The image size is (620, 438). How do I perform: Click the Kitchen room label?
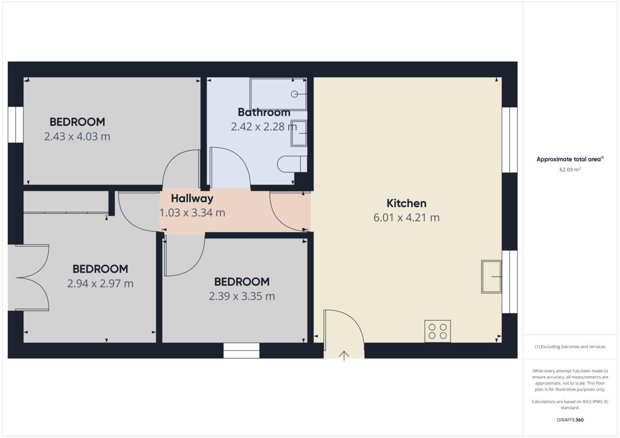click(406, 203)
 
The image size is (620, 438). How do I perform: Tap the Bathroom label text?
click(263, 112)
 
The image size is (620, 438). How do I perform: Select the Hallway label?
click(192, 198)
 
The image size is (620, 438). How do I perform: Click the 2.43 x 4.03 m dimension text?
click(77, 137)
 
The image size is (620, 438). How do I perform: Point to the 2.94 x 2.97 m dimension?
click(100, 283)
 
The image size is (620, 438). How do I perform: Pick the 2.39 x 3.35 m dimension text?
click(242, 296)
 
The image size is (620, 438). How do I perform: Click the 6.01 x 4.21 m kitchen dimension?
click(406, 218)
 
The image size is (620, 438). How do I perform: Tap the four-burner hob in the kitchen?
click(438, 331)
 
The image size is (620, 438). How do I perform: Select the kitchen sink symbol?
click(491, 277)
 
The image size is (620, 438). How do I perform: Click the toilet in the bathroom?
click(291, 164)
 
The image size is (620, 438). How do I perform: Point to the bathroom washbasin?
click(299, 134)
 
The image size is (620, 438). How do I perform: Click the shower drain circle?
click(295, 94)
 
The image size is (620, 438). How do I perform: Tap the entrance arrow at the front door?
click(344, 355)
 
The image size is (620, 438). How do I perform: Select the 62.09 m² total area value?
click(570, 169)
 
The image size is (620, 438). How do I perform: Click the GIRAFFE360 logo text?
click(570, 420)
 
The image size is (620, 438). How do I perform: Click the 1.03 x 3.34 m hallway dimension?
click(192, 213)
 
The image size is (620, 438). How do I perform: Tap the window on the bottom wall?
click(241, 351)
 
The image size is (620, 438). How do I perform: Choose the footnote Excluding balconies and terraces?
click(570, 347)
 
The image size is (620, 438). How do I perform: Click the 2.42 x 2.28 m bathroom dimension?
click(263, 126)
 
